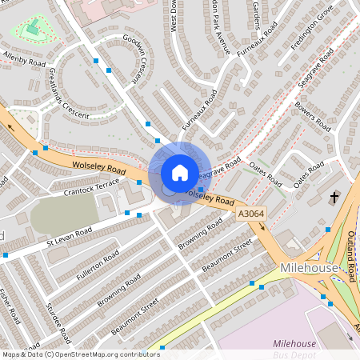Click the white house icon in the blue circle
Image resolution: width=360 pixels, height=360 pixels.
(x=180, y=172)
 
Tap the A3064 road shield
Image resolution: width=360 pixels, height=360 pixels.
(x=251, y=214)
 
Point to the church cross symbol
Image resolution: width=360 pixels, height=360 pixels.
(x=334, y=196)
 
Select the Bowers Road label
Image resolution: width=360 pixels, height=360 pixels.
(x=313, y=116)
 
